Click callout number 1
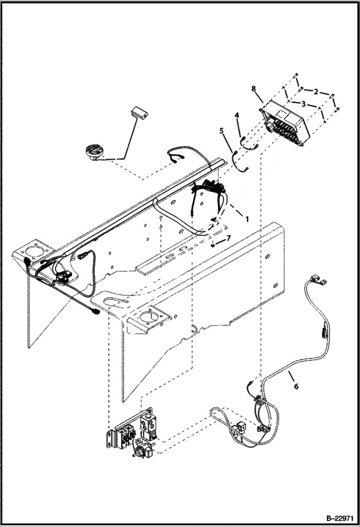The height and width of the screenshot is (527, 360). coord(247,219)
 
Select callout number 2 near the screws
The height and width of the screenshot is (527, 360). coord(315,91)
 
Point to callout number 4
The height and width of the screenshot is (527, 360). coord(236,116)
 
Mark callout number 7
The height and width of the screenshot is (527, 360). coord(229,238)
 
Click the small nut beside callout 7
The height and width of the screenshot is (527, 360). coord(212,244)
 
